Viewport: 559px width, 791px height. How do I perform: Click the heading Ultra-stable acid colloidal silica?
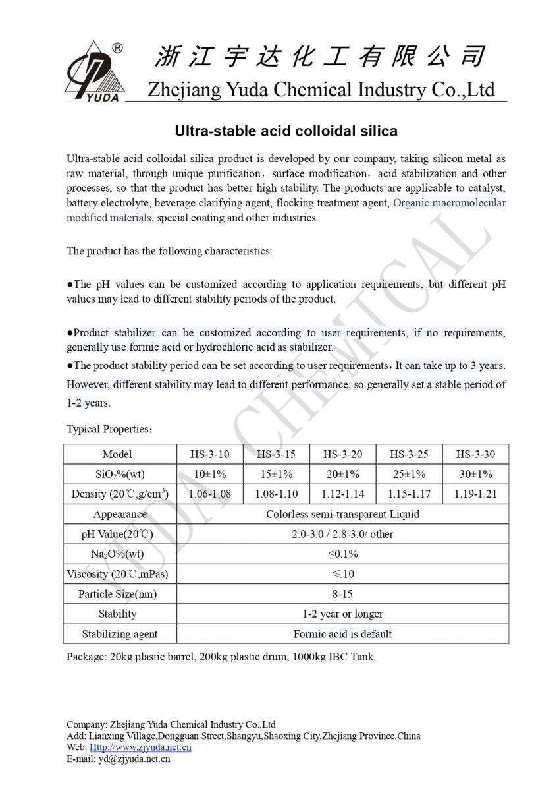pyautogui.click(x=286, y=131)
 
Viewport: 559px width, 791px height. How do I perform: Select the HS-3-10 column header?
pyautogui.click(x=209, y=454)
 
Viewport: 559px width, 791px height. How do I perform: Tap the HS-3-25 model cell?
pyautogui.click(x=409, y=454)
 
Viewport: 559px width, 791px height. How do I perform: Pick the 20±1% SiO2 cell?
pyautogui.click(x=342, y=474)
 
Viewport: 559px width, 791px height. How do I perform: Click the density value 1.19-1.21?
pyautogui.click(x=475, y=494)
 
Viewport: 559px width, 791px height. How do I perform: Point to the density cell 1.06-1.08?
pyautogui.click(x=209, y=494)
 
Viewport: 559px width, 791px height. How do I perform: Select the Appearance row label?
pyautogui.click(x=120, y=514)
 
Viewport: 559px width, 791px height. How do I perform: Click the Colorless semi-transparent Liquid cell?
pyautogui.click(x=342, y=514)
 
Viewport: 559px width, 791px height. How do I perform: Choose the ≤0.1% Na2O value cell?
pyautogui.click(x=342, y=554)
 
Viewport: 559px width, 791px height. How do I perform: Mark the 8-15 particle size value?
pyautogui.click(x=342, y=594)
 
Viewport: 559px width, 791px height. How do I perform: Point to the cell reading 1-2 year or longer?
pyautogui.click(x=342, y=614)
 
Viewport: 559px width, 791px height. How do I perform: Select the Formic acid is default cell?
pyautogui.click(x=342, y=634)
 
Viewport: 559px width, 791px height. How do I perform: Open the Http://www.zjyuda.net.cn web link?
pyautogui.click(x=140, y=747)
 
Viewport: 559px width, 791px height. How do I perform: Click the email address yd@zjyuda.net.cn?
pyautogui.click(x=134, y=759)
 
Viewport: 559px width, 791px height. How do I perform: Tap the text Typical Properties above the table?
pyautogui.click(x=109, y=429)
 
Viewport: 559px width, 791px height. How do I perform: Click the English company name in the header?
pyautogui.click(x=321, y=89)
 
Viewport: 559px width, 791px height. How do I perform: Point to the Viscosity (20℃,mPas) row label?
pyautogui.click(x=117, y=574)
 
